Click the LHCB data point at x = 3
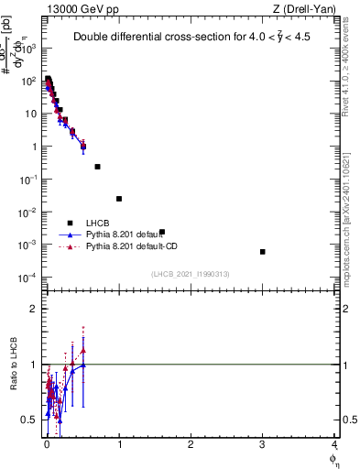263,252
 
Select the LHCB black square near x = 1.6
162,232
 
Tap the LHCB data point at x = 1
119,199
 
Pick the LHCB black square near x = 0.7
97,167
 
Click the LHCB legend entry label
99,223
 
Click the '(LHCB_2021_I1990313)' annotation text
191,274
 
